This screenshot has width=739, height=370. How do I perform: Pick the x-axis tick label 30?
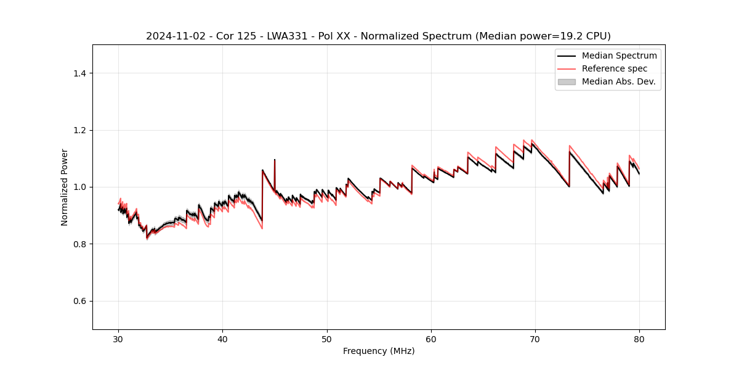[119, 339]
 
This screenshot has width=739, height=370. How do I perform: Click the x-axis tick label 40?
[223, 339]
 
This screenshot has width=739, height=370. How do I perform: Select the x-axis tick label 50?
[327, 339]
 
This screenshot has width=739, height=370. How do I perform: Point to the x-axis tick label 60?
[431, 339]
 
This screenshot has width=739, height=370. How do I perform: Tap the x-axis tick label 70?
[535, 339]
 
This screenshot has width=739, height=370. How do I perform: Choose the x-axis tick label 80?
[639, 339]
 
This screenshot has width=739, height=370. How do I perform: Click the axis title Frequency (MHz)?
[379, 351]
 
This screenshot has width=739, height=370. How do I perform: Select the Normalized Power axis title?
[64, 187]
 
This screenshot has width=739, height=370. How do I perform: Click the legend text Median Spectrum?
[619, 55]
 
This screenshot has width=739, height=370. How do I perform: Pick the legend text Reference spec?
[615, 68]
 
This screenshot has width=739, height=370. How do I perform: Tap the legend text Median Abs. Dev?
[618, 81]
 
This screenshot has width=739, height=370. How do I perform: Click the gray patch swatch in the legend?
[567, 81]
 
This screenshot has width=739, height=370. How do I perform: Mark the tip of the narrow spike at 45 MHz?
[275, 160]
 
